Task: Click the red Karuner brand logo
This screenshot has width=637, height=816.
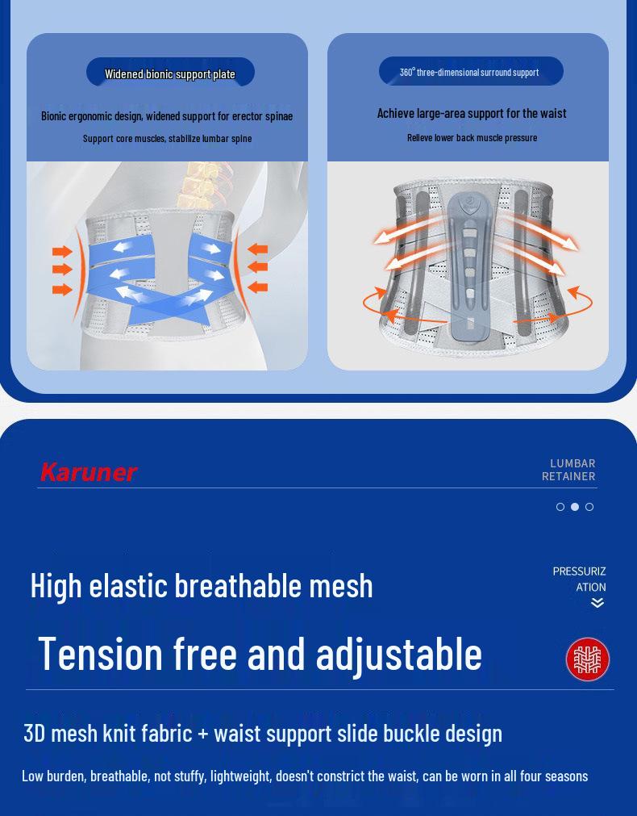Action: point(88,472)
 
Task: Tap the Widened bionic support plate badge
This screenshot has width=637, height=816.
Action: point(170,73)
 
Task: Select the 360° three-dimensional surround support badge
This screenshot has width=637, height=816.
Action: point(470,72)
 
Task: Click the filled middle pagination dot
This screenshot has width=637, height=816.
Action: point(575,507)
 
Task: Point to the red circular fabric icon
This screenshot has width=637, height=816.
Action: point(587,659)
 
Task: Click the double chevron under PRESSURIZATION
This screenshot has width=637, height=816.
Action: point(597,603)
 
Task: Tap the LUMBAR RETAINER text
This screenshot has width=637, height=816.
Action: point(568,470)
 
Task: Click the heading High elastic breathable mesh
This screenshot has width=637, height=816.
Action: point(202,585)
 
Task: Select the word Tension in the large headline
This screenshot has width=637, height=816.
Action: point(100,653)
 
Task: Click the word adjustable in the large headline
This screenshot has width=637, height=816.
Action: point(398,655)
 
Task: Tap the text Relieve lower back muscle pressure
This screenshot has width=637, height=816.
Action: point(472,137)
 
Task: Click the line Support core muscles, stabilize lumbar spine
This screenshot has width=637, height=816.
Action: point(167,138)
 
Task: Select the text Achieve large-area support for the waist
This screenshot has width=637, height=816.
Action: point(472,113)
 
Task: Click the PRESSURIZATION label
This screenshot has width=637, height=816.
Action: point(580,579)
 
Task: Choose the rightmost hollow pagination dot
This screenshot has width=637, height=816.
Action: point(589,507)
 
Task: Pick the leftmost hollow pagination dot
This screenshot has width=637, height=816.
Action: point(560,507)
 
